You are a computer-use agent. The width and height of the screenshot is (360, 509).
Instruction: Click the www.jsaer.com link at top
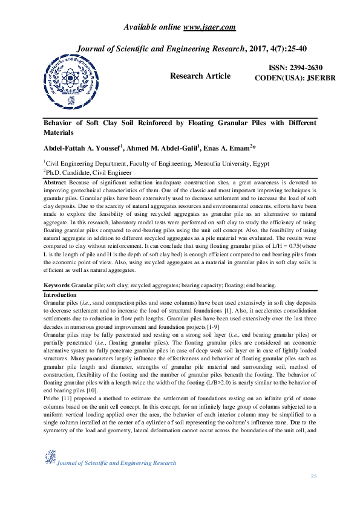click(x=209, y=27)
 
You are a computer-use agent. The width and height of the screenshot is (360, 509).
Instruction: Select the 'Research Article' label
click(x=200, y=76)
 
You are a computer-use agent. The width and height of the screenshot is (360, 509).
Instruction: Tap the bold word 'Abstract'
click(x=55, y=182)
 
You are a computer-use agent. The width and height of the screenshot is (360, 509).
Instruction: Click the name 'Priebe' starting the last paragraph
click(x=53, y=400)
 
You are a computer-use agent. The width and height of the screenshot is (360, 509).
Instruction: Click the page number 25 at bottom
click(x=313, y=478)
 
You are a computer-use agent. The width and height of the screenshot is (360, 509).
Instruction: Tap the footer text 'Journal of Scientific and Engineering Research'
click(x=116, y=463)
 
